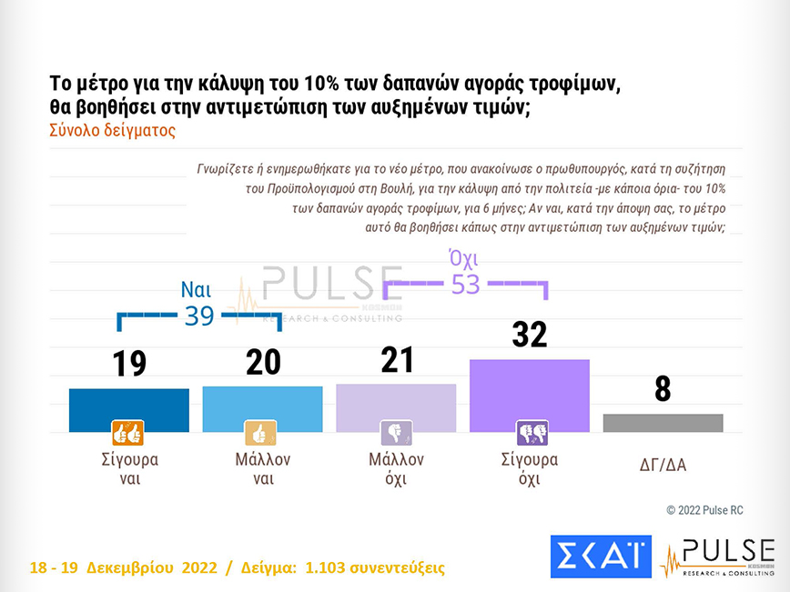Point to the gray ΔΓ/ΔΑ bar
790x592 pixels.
663,423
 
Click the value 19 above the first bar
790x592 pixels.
129,364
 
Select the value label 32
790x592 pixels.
529,335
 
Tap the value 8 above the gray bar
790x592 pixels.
663,389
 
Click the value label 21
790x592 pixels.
396,360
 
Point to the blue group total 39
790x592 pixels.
198,316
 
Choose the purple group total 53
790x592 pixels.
465,285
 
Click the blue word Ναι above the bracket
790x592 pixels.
197,291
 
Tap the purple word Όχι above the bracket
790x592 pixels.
465,260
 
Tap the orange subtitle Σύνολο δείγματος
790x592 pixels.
112,130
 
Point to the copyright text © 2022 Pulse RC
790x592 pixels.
704,510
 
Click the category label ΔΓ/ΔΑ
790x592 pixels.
663,466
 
